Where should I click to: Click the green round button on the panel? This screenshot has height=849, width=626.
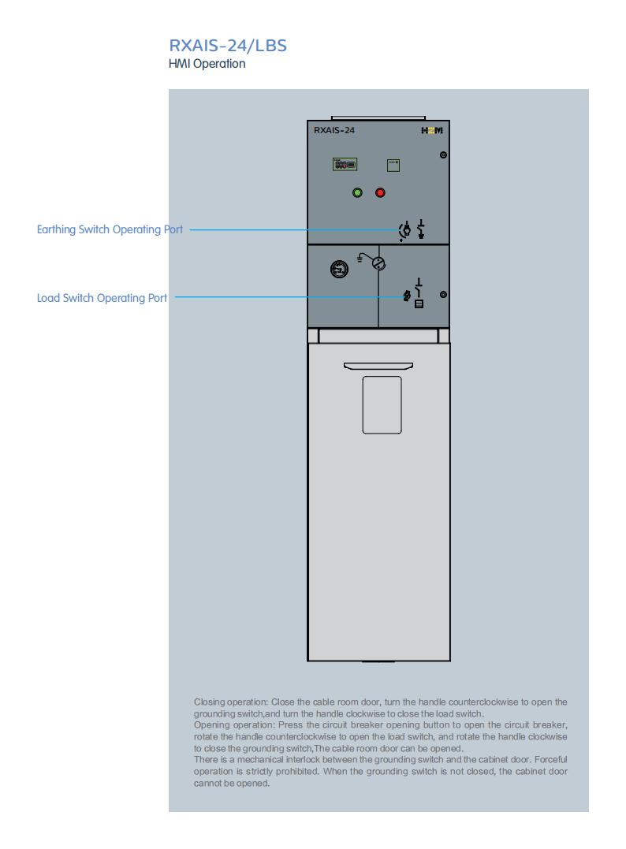coord(357,192)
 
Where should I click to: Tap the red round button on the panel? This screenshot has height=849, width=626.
coord(380,192)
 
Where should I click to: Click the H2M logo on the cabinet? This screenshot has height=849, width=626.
coord(432,130)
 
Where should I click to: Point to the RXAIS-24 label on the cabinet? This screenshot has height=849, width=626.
coord(334,130)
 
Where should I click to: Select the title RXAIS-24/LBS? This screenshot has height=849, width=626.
coord(228,46)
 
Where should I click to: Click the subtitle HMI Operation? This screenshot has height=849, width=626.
coord(207,64)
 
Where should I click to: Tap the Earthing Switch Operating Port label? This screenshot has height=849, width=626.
coord(110,229)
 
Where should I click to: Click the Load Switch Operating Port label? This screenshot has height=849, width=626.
coord(102,298)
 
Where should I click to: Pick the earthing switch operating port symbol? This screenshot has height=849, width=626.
coord(404,230)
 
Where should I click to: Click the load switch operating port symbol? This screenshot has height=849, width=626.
coord(408,296)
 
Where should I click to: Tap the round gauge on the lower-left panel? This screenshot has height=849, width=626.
coord(340,269)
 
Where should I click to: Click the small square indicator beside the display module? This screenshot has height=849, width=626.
coord(393,165)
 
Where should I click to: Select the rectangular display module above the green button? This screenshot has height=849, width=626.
coord(345,164)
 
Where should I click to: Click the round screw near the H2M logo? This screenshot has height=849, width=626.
coord(444,155)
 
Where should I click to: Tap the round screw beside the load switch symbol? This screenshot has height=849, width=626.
coord(444,295)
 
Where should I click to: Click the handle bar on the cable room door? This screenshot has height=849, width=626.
coord(378,366)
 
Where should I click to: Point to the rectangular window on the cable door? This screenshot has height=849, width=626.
coord(382,405)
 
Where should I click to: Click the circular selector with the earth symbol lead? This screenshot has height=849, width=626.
coord(378,264)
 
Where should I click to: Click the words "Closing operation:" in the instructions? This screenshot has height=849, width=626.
coord(231,702)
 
